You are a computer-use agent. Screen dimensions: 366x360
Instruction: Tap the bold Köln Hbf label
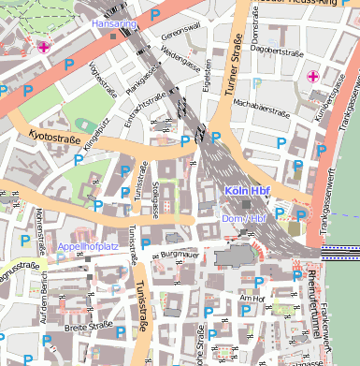click(x=247, y=191)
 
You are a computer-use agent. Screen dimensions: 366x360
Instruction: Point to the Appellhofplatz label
click(x=88, y=246)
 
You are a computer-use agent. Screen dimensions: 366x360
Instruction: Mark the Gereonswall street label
click(x=180, y=33)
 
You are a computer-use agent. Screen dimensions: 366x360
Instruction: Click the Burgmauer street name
click(x=180, y=253)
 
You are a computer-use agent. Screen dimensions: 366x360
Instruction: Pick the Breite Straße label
click(x=89, y=328)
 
